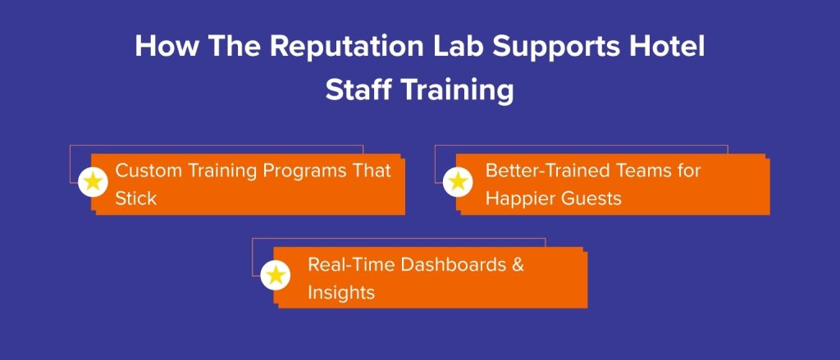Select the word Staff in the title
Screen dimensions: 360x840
(358, 90)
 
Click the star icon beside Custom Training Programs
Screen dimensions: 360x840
(94, 182)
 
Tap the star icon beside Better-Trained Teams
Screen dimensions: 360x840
(458, 182)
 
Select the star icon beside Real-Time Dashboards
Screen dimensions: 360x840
(276, 275)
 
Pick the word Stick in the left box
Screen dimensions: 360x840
(135, 198)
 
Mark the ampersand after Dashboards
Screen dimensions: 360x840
(517, 265)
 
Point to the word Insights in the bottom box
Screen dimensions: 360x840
(340, 292)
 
